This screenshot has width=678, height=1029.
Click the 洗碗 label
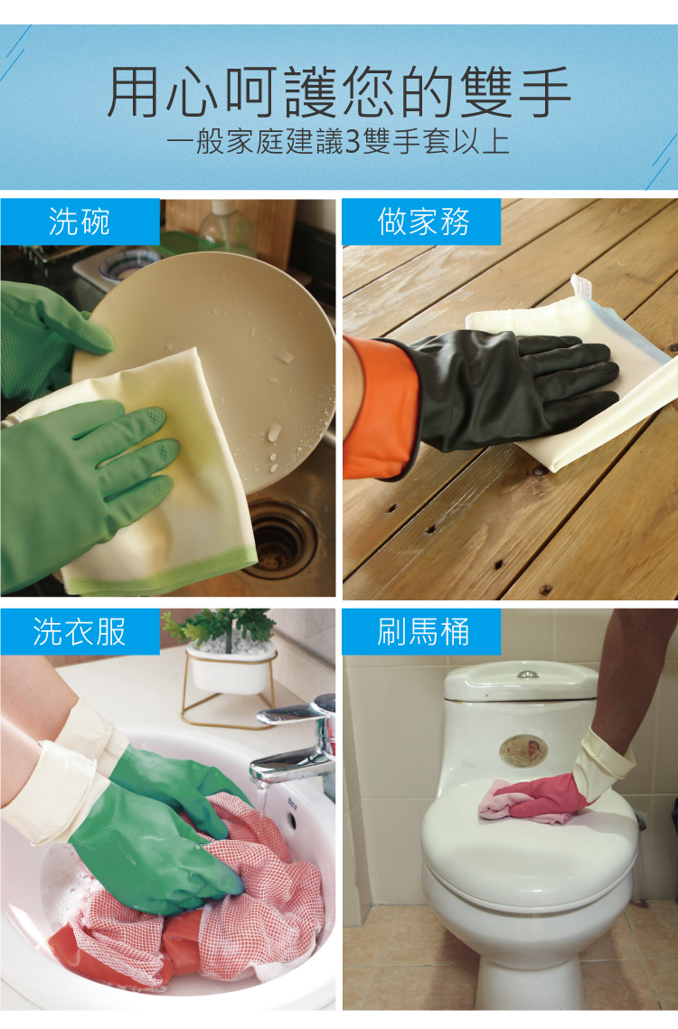(x=79, y=222)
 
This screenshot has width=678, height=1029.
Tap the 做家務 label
(x=423, y=222)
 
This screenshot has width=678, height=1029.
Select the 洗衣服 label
(x=79, y=632)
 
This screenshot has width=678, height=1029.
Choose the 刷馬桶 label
(x=423, y=632)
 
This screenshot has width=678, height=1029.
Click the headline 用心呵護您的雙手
(x=339, y=92)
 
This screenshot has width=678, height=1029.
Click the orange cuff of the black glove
(x=381, y=407)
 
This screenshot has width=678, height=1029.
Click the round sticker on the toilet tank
(x=523, y=751)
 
